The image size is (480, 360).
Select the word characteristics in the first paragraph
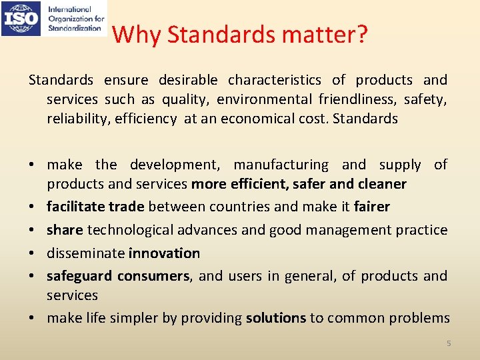click(274, 81)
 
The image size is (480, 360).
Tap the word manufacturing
click(281, 165)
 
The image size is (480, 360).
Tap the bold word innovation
click(164, 253)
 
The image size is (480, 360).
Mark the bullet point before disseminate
click(33, 253)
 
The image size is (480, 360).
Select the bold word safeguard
click(80, 276)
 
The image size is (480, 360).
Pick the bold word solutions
click(275, 318)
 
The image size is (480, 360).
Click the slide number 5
click(449, 343)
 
